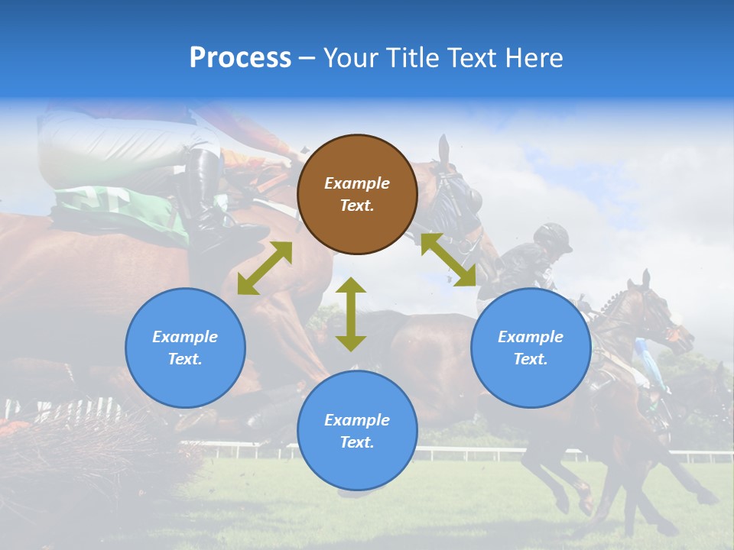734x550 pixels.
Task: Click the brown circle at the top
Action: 357,194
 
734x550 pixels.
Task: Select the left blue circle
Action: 185,348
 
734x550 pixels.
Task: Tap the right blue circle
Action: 531,348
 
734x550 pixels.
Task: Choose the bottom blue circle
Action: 357,431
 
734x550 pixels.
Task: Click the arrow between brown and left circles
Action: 265,268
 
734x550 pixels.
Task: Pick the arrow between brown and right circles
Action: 448,260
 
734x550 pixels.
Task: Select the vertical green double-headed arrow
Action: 351,314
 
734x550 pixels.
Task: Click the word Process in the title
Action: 240,58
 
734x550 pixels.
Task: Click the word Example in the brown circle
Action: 357,183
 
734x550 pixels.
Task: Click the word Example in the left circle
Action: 185,337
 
